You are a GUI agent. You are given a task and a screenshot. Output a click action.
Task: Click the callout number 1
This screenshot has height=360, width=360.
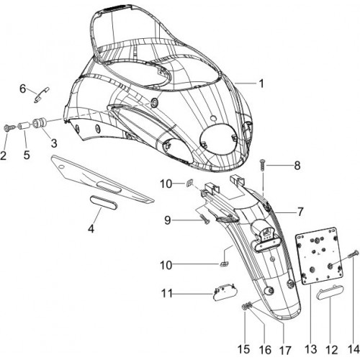pyautogui.click(x=261, y=84)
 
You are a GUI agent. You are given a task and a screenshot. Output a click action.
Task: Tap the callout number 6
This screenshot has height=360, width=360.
pyautogui.click(x=22, y=89)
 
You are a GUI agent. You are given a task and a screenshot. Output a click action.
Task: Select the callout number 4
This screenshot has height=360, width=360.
pyautogui.click(x=91, y=229)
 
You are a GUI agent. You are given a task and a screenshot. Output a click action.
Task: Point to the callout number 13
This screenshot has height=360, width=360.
pyautogui.click(x=310, y=349)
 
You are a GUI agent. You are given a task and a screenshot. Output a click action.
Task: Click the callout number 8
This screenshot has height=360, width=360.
pyautogui.click(x=297, y=166)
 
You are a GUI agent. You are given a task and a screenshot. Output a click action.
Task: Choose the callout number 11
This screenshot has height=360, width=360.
pyautogui.click(x=166, y=293)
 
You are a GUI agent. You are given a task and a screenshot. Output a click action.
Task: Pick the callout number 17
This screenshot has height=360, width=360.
pyautogui.click(x=285, y=351)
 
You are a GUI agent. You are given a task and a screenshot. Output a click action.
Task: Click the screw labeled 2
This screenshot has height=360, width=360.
pyautogui.click(x=7, y=128)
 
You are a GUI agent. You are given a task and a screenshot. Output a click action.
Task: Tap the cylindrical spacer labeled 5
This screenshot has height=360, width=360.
pyautogui.click(x=24, y=127)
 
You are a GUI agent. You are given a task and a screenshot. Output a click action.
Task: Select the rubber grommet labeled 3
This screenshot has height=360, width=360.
pyautogui.click(x=39, y=123)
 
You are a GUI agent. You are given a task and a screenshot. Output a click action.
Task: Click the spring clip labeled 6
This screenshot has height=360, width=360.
pyautogui.click(x=42, y=95)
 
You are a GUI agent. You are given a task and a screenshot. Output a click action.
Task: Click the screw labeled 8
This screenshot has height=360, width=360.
pyautogui.click(x=262, y=166)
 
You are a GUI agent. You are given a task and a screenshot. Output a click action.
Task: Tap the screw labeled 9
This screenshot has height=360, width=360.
pyautogui.click(x=204, y=220)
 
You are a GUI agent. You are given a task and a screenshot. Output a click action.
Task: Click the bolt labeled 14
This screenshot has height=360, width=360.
pyautogui.click(x=353, y=255)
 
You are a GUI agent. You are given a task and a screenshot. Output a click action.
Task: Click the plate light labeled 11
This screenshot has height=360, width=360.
pyautogui.click(x=225, y=292)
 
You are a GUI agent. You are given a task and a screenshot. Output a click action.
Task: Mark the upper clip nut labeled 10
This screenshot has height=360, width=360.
pyautogui.click(x=189, y=184)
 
